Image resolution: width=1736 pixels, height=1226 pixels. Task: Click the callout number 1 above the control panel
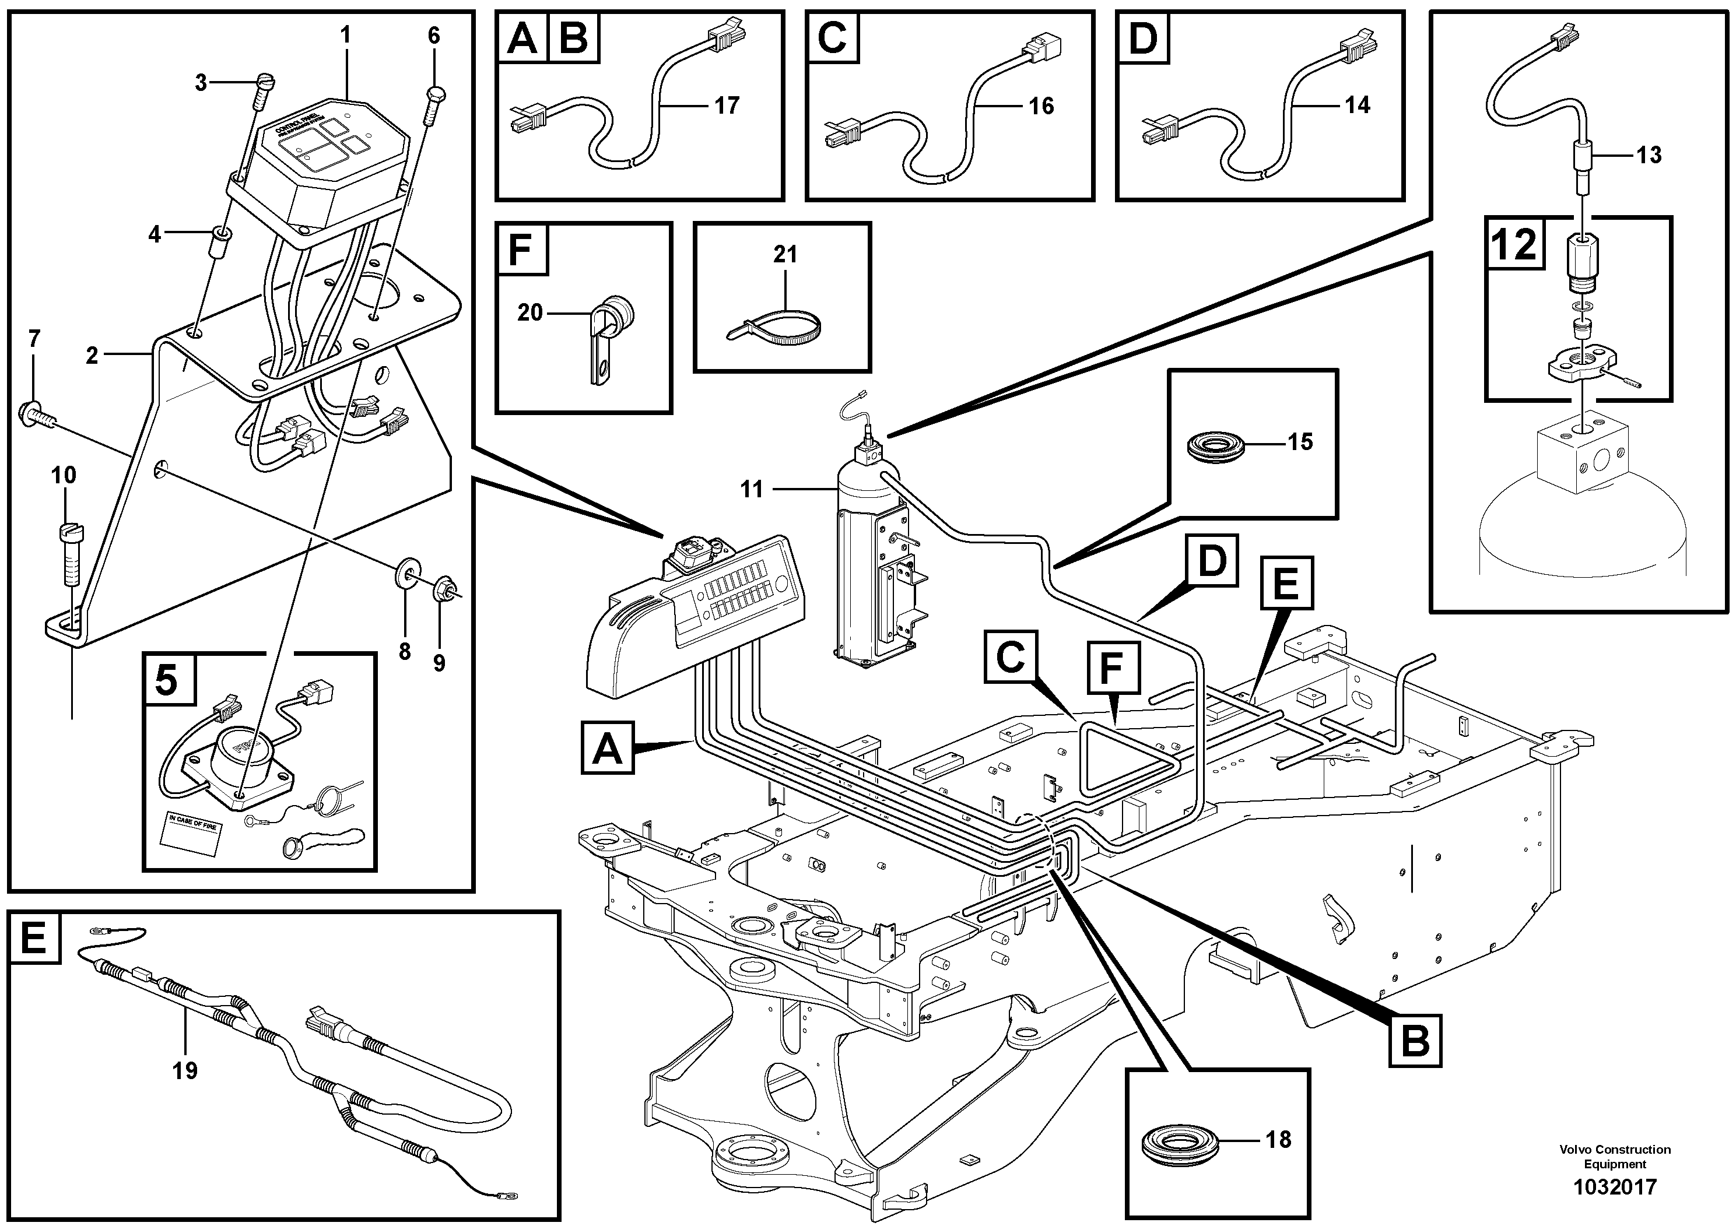[346, 35]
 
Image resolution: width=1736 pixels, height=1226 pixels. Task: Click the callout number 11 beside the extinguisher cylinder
[751, 490]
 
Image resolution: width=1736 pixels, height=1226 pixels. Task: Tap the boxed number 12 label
[1514, 245]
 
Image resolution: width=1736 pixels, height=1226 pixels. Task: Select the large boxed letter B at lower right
[1414, 1041]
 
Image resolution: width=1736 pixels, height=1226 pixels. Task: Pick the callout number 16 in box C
[1040, 106]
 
